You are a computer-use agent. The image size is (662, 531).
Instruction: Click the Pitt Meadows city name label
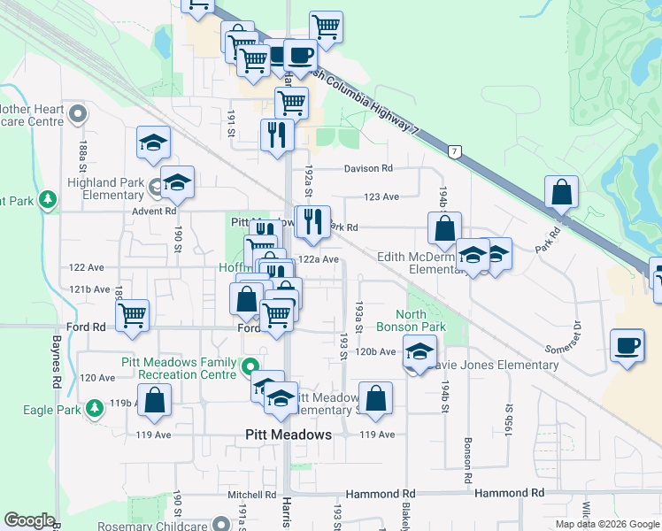[x=288, y=435]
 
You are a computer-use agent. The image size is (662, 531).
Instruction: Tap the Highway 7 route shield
[x=453, y=153]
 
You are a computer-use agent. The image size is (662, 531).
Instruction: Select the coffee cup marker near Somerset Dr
[x=627, y=346]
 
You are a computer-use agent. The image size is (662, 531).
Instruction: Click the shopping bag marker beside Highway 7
[x=561, y=192]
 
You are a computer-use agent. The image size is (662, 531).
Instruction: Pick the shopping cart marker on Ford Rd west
[x=133, y=316]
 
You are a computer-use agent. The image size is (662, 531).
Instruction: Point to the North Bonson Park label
[x=422, y=320]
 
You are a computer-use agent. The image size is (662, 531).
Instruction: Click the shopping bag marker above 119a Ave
[x=154, y=399]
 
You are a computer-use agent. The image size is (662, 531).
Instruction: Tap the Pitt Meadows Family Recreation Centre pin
[x=251, y=366]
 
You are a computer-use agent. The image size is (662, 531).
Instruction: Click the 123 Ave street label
[x=381, y=197]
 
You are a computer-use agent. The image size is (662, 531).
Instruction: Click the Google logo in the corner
[x=29, y=520]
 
